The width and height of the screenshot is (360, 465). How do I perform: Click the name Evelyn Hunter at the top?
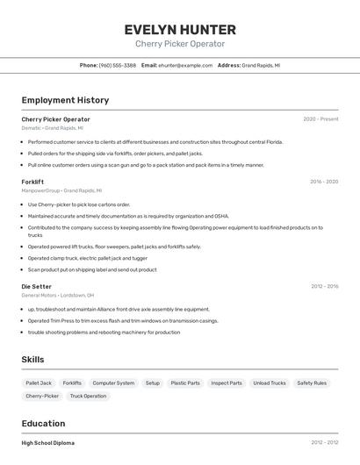(179, 29)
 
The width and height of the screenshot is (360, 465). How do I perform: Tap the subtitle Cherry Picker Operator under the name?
(179, 44)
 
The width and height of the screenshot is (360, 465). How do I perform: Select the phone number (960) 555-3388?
(117, 65)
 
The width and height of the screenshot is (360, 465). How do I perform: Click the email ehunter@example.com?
(185, 65)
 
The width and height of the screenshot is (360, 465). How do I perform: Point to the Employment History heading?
(65, 100)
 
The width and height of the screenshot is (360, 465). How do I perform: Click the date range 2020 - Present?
(320, 119)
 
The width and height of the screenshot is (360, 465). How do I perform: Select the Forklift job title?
(32, 182)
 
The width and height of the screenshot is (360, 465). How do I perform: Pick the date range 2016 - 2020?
(323, 182)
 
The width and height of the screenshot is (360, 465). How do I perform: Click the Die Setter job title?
(36, 286)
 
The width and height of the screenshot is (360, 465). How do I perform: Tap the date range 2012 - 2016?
(324, 286)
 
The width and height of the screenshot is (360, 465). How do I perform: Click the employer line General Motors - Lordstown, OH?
(57, 296)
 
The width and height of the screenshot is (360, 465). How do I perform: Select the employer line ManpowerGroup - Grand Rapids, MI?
(61, 190)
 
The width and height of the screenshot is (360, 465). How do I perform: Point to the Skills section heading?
(32, 360)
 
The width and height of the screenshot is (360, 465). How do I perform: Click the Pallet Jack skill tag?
(39, 383)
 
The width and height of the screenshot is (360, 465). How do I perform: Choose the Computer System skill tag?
(113, 383)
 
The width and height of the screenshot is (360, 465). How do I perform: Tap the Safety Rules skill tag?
(311, 383)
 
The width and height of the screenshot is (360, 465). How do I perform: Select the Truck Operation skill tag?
(88, 397)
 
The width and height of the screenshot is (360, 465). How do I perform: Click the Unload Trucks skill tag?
(269, 383)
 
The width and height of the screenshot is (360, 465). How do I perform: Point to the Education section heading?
(43, 423)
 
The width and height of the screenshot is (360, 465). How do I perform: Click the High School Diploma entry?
(47, 443)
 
